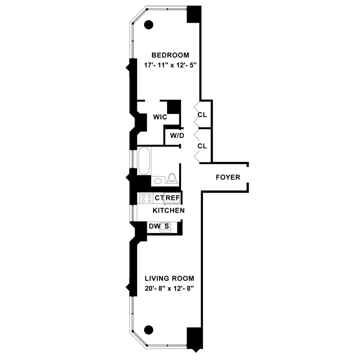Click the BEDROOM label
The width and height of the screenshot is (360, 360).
coord(170,55)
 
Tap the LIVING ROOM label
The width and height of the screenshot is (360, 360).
coord(169,278)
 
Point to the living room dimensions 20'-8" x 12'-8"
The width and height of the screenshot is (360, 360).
coord(169,288)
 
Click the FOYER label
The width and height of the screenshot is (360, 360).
coord(228,177)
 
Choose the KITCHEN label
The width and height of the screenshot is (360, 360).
coord(168,211)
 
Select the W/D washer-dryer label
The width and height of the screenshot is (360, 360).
coord(177,135)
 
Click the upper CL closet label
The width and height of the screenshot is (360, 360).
coord(202,114)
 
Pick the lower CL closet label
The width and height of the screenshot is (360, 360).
coord(202,146)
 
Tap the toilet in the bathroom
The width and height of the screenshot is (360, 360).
coord(171,178)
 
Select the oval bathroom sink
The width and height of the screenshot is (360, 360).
coord(157,181)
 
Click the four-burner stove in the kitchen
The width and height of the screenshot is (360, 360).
coord(146,198)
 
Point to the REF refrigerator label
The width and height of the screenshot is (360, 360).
coord(172,198)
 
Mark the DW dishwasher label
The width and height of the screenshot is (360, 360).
coord(154,227)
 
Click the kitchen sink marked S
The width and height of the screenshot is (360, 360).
coord(166,227)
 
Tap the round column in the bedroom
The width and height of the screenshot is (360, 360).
coord(148,23)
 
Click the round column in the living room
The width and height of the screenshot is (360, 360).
coord(148,329)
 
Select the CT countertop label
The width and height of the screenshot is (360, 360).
coord(159,198)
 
